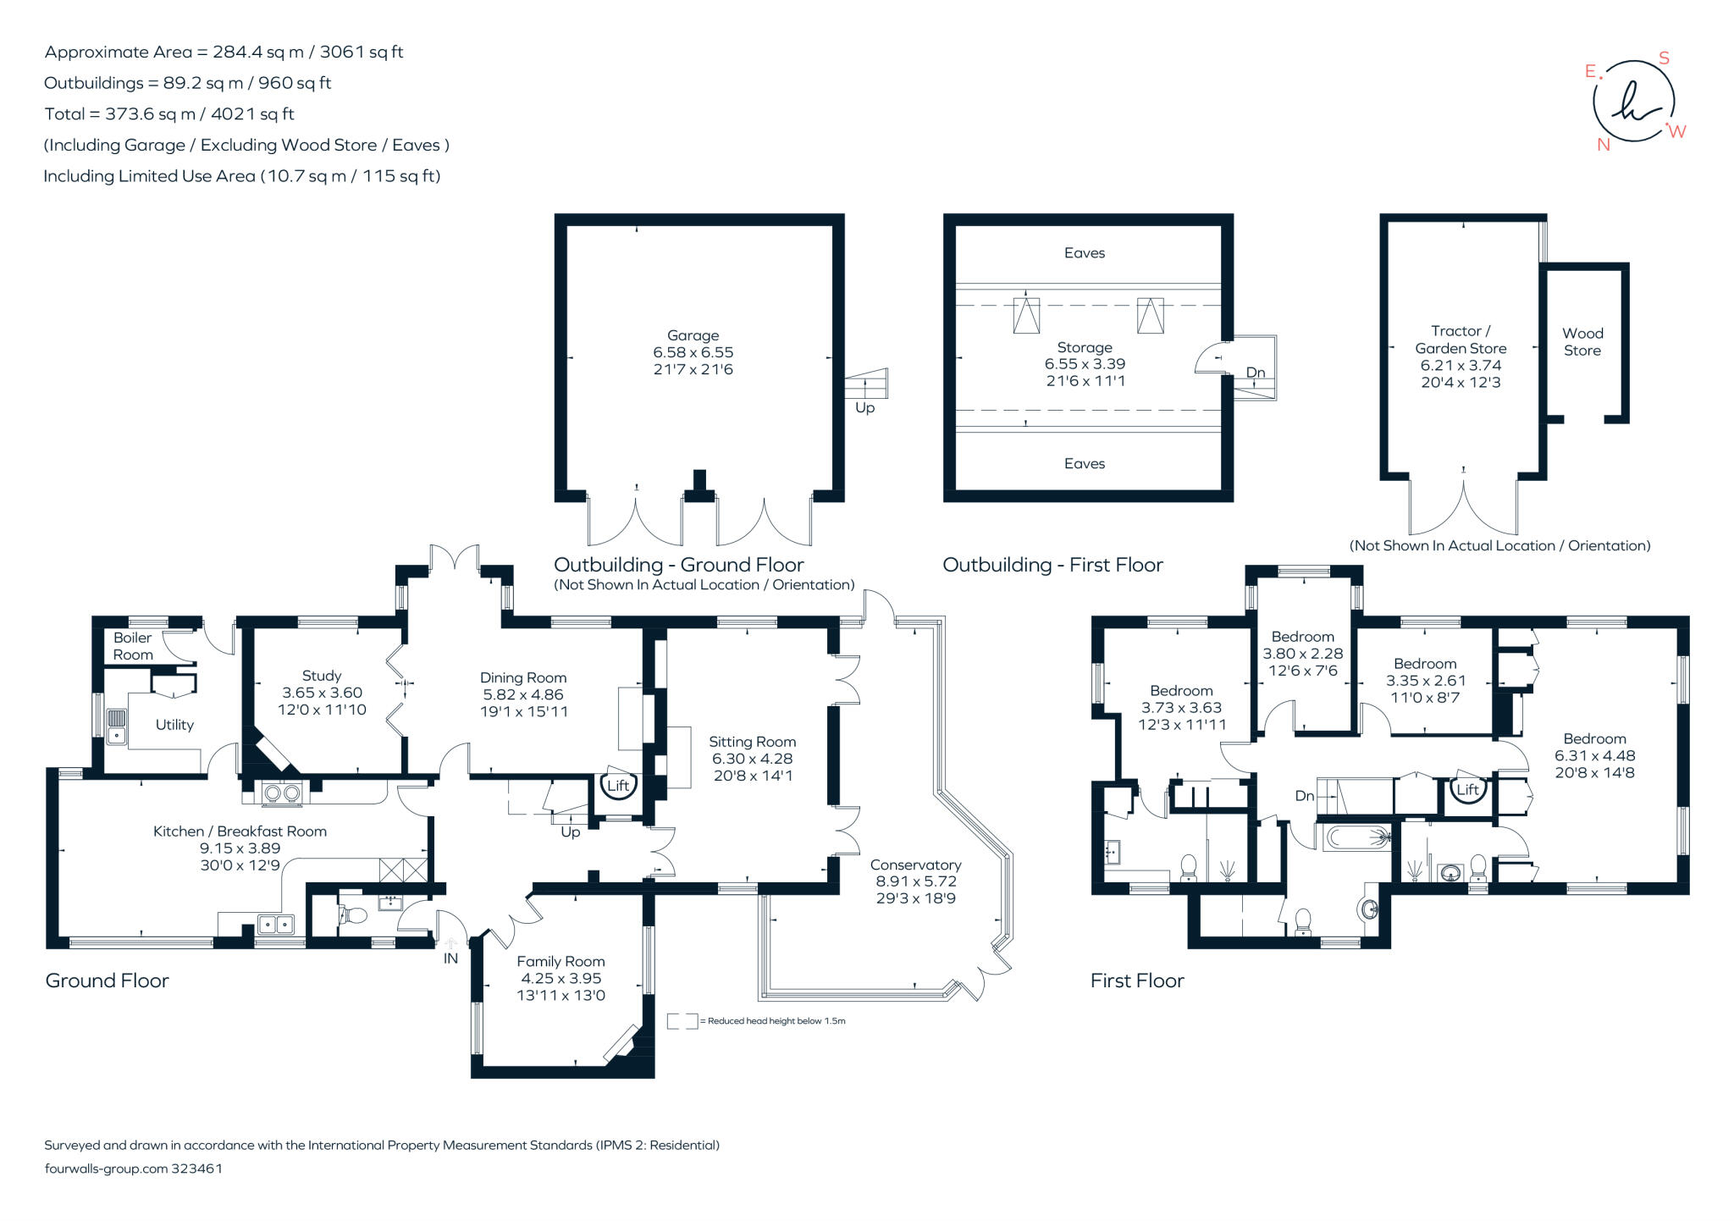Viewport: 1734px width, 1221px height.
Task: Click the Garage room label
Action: click(693, 335)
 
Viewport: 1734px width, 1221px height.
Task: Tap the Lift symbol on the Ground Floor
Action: click(618, 785)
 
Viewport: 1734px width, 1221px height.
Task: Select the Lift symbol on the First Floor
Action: click(1467, 789)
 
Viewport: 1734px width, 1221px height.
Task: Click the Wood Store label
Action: click(1582, 342)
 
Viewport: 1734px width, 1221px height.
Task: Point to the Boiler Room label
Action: click(133, 646)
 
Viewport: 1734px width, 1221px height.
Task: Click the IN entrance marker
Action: click(450, 959)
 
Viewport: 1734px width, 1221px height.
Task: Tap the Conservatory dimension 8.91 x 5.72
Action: click(916, 881)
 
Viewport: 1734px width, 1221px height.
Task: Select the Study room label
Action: click(322, 676)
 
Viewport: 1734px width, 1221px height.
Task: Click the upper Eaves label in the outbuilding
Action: click(1085, 252)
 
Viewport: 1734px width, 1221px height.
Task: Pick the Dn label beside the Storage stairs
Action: click(1256, 373)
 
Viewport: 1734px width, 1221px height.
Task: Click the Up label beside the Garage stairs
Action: click(864, 408)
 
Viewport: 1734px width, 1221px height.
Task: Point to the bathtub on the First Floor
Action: click(1356, 838)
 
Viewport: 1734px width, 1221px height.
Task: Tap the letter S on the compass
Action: click(1664, 58)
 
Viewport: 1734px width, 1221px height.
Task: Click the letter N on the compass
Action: click(1603, 145)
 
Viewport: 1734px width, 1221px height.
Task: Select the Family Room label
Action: click(561, 961)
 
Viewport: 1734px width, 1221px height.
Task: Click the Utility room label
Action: click(174, 725)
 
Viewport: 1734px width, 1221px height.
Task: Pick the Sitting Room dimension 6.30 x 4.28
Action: click(753, 759)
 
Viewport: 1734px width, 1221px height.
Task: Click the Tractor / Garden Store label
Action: click(1461, 340)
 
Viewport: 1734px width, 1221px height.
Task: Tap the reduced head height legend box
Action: click(682, 1021)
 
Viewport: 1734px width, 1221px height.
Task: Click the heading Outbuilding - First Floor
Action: click(1052, 565)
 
